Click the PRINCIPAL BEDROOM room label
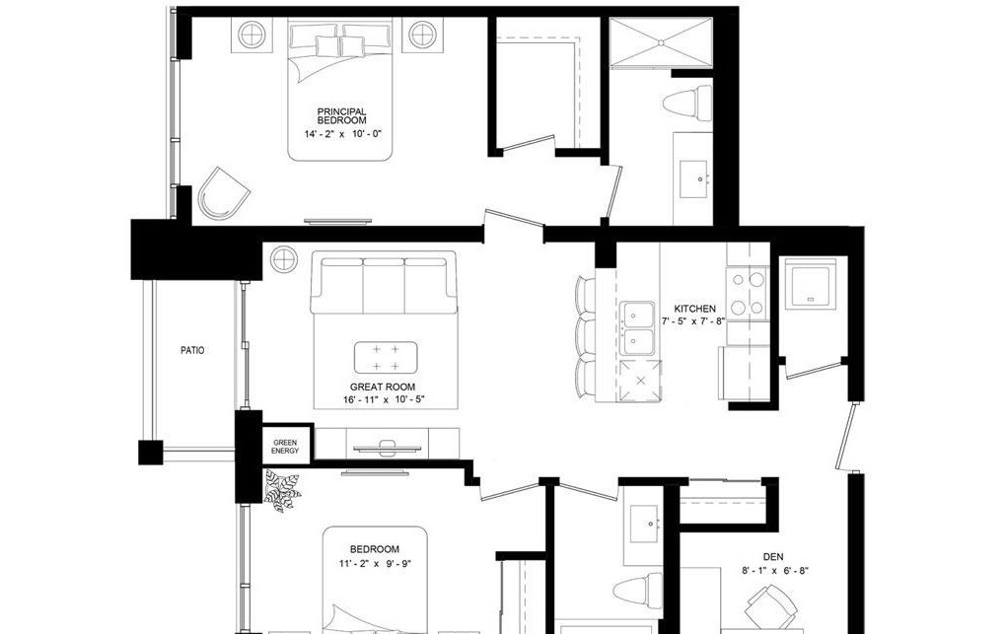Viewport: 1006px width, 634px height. coord(342,116)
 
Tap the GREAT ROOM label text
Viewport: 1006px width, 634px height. coord(383,387)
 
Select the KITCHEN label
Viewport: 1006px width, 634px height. coord(695,309)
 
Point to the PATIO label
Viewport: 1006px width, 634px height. coord(192,350)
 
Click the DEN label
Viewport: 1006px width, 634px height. coord(773,557)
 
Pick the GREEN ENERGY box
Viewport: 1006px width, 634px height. coord(285,445)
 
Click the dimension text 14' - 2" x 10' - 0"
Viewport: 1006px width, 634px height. coord(342,134)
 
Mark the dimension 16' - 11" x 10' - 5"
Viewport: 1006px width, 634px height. coord(385,399)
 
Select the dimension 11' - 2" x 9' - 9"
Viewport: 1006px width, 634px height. coord(376,564)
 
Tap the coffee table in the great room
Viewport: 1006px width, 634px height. coord(386,358)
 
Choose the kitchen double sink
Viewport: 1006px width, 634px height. coord(637,328)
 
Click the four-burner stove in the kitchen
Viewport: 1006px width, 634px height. coord(748,293)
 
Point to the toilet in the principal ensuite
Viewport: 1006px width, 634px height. coord(686,104)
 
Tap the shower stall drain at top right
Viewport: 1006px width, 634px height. coord(661,42)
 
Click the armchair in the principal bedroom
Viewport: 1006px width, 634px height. coord(223,194)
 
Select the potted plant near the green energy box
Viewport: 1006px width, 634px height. coord(282,490)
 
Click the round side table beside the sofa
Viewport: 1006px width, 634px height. coord(284,259)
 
